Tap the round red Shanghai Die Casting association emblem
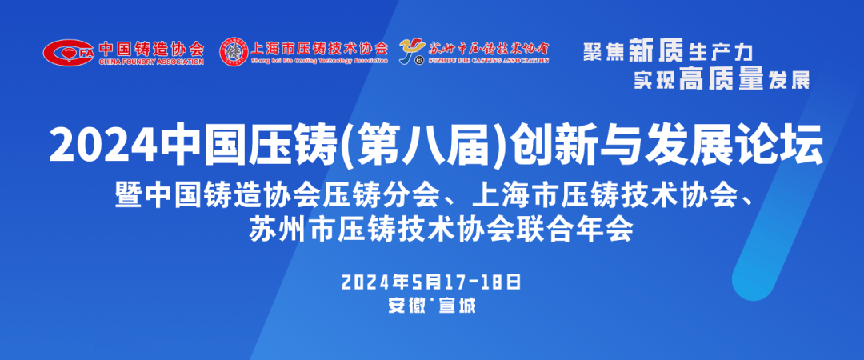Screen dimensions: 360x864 pyautogui.click(x=234, y=50)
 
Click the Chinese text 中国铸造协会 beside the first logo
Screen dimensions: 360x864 pyautogui.click(x=151, y=47)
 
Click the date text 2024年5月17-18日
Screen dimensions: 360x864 pyautogui.click(x=431, y=281)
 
